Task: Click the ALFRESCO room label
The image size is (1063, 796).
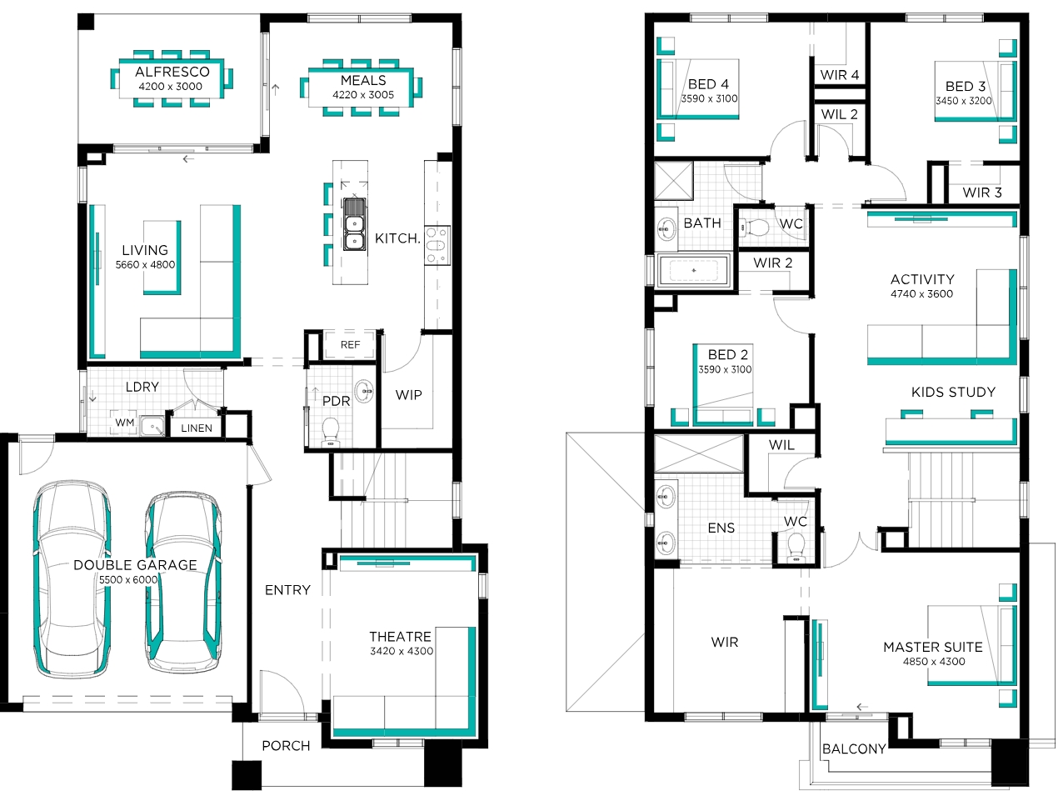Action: pos(172,72)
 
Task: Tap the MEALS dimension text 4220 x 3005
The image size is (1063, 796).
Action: pos(363,95)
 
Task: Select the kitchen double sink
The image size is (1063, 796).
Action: pos(355,224)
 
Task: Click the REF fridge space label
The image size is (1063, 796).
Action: pos(350,344)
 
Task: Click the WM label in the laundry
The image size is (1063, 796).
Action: pos(124,423)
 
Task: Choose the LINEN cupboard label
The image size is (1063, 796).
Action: pos(197,428)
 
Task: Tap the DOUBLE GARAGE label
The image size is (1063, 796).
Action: pos(135,565)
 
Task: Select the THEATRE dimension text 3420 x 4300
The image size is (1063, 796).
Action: pos(402,651)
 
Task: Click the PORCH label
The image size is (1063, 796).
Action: pos(287,746)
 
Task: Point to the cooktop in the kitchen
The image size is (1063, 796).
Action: pos(437,245)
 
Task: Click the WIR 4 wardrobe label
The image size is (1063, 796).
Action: pos(839,75)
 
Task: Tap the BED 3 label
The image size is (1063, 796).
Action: pos(966,86)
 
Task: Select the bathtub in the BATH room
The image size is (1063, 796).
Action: pos(693,270)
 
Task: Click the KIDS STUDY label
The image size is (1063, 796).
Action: pos(953,392)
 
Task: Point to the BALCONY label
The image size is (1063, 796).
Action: pos(854,749)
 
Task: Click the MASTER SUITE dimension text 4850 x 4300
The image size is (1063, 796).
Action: pos(934,661)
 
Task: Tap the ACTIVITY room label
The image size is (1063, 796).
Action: pos(922,279)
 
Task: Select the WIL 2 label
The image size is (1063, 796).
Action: pos(839,114)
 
